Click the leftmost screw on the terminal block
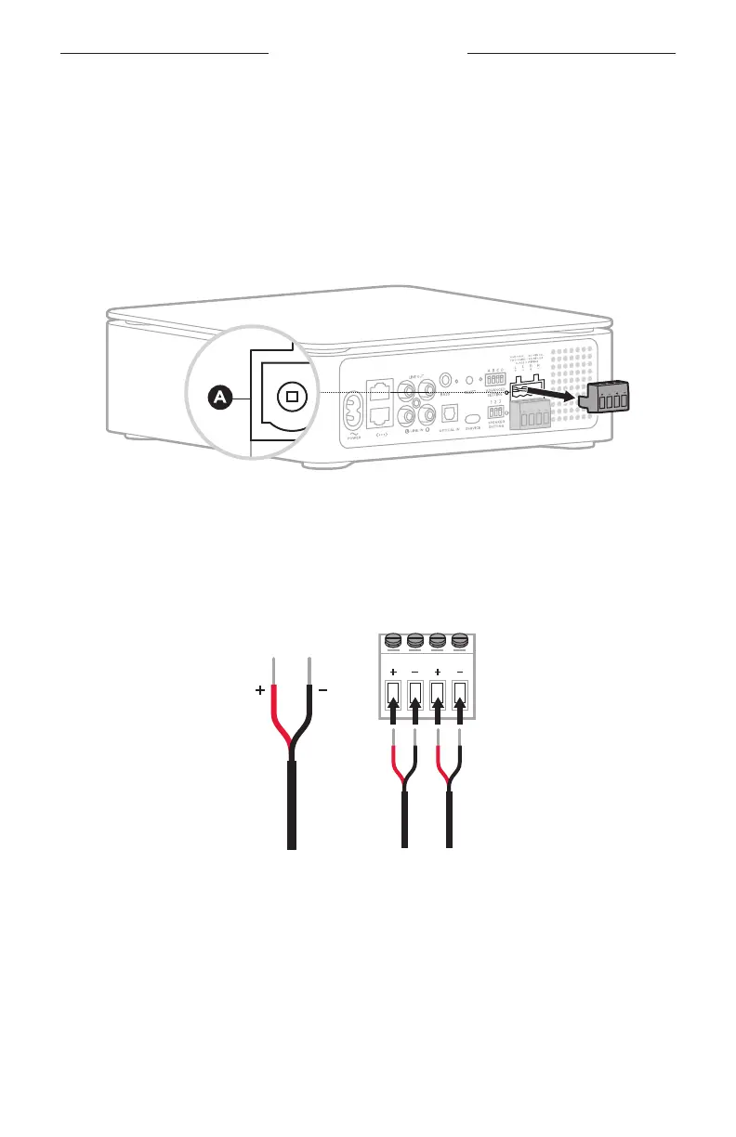point(393,641)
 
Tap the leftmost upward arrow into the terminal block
point(393,716)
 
